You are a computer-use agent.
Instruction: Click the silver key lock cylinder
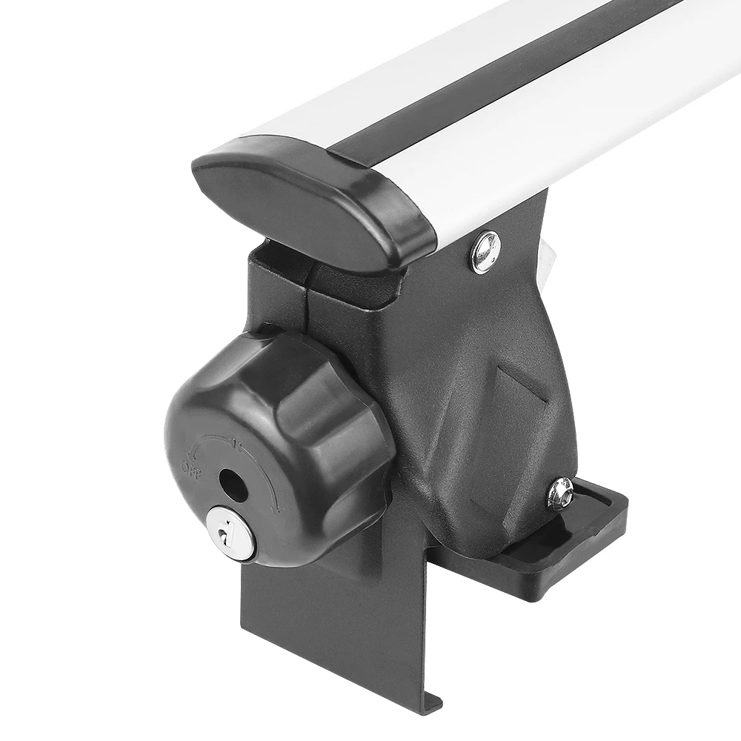(x=230, y=531)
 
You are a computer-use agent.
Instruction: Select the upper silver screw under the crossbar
(x=485, y=252)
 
